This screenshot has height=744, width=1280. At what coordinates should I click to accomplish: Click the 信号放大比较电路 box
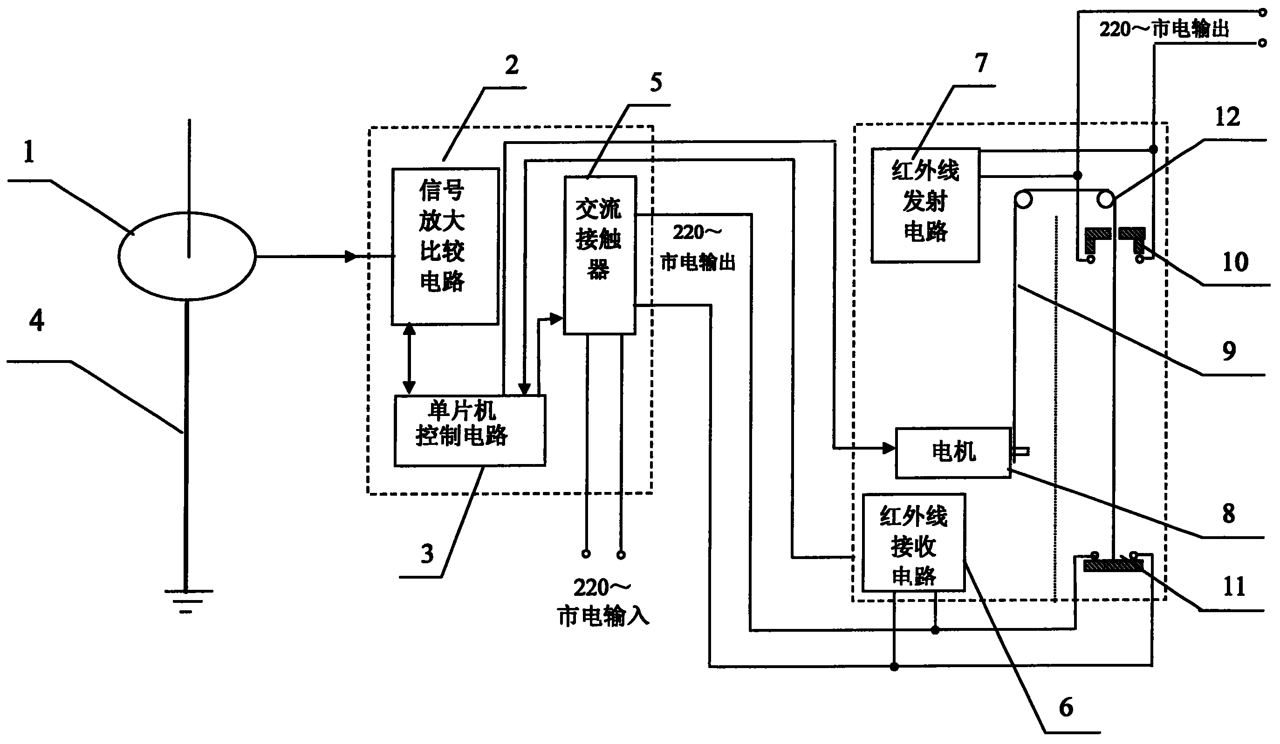445,246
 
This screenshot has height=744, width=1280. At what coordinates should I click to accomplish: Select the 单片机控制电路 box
470,430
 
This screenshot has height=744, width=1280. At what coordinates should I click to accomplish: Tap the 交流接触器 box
600,255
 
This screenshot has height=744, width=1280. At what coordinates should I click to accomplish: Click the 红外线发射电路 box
925,205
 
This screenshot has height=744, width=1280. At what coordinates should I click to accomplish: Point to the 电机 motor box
953,452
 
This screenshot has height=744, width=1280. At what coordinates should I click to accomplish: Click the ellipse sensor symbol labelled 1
187,257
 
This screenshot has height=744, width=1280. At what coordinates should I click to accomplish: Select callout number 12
1227,117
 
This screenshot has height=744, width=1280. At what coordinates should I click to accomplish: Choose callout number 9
1229,351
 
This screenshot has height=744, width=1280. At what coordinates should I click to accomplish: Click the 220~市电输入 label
603,602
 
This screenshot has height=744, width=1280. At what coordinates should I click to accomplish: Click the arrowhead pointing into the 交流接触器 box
557,319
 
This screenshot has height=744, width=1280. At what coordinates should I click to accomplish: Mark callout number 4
36,321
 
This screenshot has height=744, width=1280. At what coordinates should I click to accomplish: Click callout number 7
981,63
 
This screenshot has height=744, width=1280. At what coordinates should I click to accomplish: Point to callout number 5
656,83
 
